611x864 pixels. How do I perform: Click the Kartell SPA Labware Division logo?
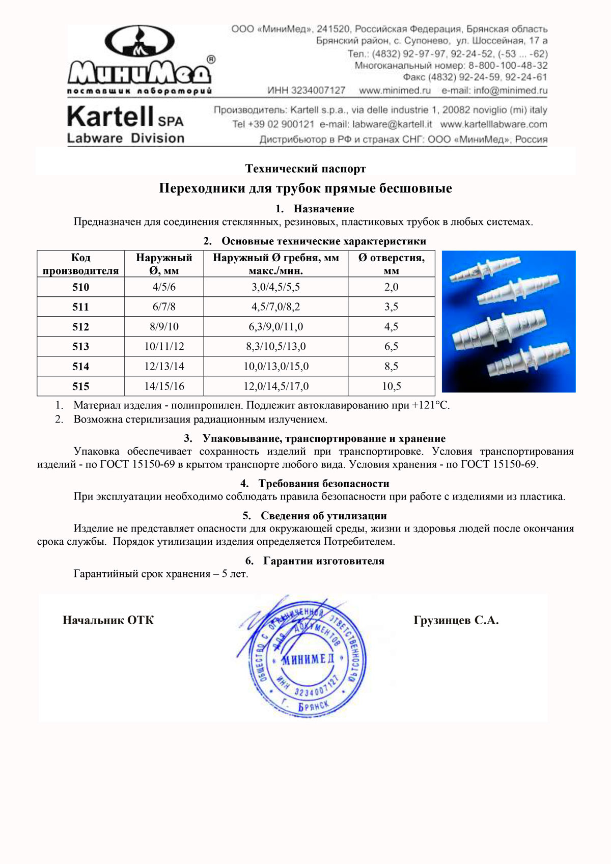point(125,125)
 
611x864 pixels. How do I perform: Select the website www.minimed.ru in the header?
point(395,91)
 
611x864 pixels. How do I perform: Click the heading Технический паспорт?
point(305,169)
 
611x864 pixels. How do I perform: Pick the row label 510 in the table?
point(80,287)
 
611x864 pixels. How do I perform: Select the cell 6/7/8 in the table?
point(164,307)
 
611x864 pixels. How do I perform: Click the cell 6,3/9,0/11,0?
point(275,327)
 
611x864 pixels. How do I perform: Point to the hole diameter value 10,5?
point(391,386)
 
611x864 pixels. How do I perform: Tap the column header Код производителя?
point(80,264)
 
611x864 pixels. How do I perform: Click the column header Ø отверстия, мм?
point(391,264)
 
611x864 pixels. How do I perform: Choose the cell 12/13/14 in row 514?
point(164,367)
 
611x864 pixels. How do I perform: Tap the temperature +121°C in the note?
point(430,406)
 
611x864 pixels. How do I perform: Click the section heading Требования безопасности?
point(323,484)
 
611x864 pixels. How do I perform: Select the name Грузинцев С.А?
point(456,621)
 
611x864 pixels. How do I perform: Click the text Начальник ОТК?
point(108,621)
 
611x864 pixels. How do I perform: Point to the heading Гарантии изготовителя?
point(323,561)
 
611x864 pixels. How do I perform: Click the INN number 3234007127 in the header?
point(319,91)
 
